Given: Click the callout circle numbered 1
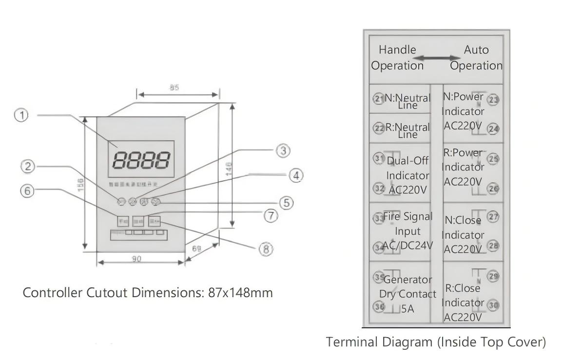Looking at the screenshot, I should click(x=21, y=116).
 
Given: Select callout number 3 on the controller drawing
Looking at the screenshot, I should click(x=283, y=151).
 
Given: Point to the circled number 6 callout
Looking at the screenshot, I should click(x=28, y=191).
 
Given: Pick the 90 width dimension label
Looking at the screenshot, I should click(x=136, y=259).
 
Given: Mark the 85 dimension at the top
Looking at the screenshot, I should click(x=174, y=88).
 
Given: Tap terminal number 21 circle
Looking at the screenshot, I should click(x=379, y=99).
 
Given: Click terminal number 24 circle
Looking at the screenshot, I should click(x=494, y=129).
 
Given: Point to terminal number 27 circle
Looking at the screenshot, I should click(x=494, y=217).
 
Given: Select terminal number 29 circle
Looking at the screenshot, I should click(x=494, y=276).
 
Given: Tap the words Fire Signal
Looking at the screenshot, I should click(x=408, y=217).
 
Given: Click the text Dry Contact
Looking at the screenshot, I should click(x=408, y=294).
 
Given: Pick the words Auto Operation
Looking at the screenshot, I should click(x=476, y=57).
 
